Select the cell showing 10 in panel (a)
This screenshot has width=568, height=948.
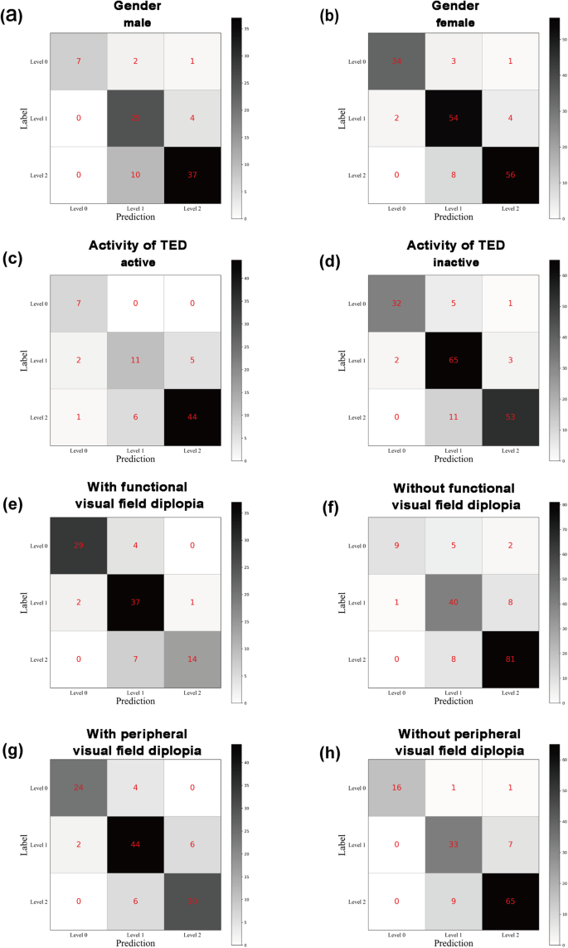click(x=135, y=175)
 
